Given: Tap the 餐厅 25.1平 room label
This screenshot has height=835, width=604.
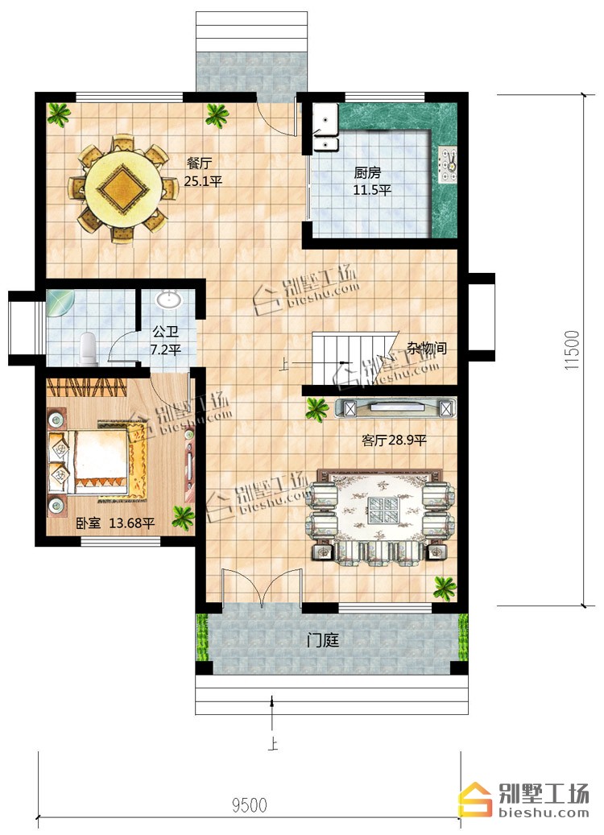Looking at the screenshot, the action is pyautogui.click(x=203, y=172).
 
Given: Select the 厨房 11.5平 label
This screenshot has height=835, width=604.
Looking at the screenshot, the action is pyautogui.click(x=370, y=181).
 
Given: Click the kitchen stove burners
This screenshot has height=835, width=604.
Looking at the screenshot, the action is pyautogui.click(x=447, y=163).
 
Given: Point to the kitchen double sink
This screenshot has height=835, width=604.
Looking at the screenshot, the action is pyautogui.click(x=325, y=128).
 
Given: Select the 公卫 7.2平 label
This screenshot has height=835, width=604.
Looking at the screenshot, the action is pyautogui.click(x=166, y=341).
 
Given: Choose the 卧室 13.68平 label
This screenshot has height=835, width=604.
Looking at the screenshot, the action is pyautogui.click(x=115, y=523).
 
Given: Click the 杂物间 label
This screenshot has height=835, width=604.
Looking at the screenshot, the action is pyautogui.click(x=427, y=349).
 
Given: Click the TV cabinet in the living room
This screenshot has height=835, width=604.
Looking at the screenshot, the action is pyautogui.click(x=395, y=408).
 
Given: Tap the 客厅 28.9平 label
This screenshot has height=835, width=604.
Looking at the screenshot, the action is pyautogui.click(x=394, y=440).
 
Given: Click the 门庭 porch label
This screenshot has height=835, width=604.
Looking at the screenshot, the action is pyautogui.click(x=322, y=639).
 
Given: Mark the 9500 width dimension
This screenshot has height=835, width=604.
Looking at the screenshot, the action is pyautogui.click(x=250, y=804).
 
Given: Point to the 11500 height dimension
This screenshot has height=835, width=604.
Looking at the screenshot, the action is pyautogui.click(x=571, y=350).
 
